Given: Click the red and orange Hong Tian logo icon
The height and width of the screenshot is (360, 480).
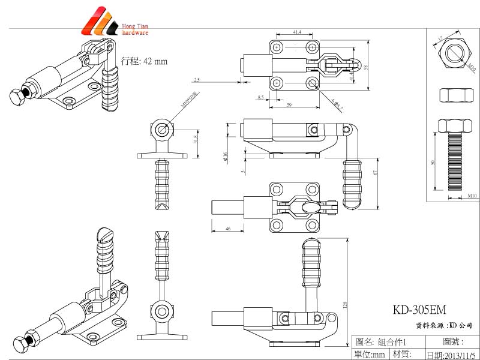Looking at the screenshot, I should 100,22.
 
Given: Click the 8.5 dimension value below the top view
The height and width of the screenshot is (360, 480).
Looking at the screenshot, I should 260,97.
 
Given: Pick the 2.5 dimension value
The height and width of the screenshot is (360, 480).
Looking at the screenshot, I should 197,79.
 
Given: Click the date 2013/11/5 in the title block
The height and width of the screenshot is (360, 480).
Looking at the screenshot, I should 451,355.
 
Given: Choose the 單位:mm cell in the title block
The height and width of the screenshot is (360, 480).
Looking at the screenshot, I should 370,355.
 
